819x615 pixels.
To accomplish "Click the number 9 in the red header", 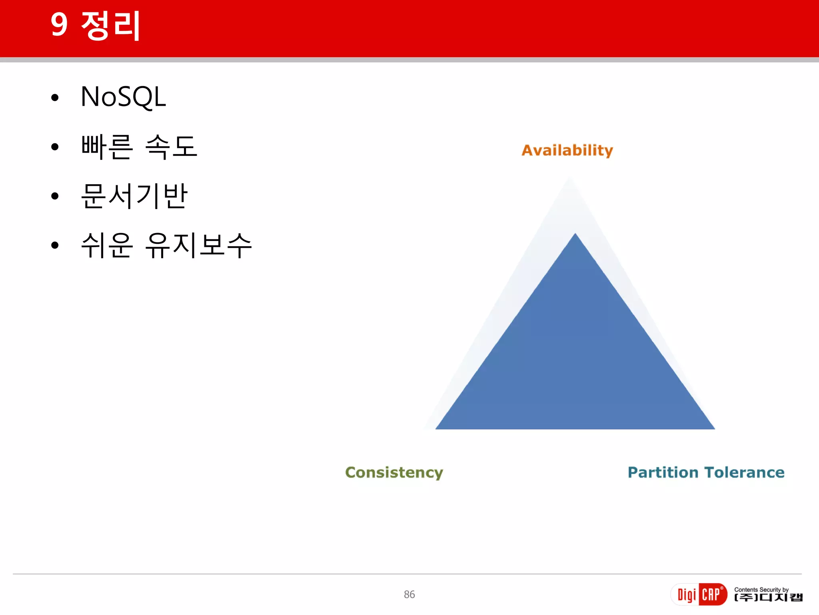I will pyautogui.click(x=59, y=25).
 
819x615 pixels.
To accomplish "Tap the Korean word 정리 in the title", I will pyautogui.click(x=111, y=26).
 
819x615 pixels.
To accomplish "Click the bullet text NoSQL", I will pyautogui.click(x=123, y=97).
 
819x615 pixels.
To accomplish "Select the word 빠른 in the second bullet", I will pyautogui.click(x=107, y=147).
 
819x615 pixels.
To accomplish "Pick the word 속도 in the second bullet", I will pyautogui.click(x=172, y=147).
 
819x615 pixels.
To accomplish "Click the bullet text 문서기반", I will pyautogui.click(x=134, y=196).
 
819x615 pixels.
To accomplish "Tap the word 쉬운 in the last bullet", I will pyautogui.click(x=107, y=245).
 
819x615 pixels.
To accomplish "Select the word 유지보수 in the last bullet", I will pyautogui.click(x=199, y=245).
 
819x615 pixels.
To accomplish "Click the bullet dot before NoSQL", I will pyautogui.click(x=55, y=98).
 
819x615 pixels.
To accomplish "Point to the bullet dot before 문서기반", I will pyautogui.click(x=55, y=196).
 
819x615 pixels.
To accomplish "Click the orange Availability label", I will pyautogui.click(x=567, y=151).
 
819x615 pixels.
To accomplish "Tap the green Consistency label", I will pyautogui.click(x=394, y=473).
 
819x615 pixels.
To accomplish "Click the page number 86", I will pyautogui.click(x=409, y=595).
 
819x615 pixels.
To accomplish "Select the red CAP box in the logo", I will pyautogui.click(x=712, y=595).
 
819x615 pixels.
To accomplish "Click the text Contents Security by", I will pyautogui.click(x=761, y=589).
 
